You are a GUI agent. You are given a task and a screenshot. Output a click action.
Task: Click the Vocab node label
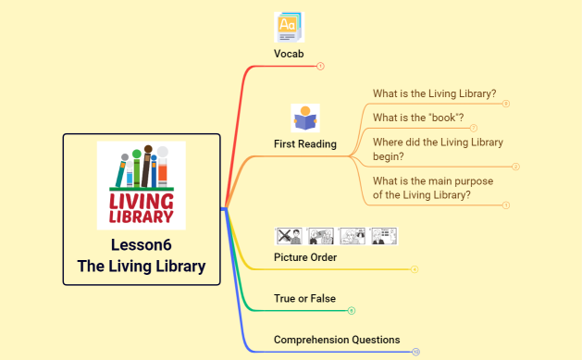pos(289,54)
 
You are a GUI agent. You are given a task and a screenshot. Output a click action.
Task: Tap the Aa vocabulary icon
pos(289,27)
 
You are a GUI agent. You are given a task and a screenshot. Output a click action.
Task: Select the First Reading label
pos(305,143)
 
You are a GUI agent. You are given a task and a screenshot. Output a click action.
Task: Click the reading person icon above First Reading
pos(305,118)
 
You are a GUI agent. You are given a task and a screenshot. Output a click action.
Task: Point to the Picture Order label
pos(305,256)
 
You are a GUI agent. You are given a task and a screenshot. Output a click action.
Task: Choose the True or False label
pos(305,298)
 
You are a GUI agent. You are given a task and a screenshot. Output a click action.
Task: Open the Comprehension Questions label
pos(337,340)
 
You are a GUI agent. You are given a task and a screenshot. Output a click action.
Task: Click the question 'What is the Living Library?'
pos(434,93)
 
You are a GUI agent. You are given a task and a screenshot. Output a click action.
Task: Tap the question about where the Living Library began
pos(438,149)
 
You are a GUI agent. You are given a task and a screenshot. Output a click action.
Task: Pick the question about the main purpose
pos(434,188)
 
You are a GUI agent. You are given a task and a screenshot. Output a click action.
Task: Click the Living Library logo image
pos(142,185)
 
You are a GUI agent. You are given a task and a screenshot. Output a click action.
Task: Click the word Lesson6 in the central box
pos(142,245)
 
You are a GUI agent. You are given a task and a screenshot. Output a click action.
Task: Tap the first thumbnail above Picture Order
pos(290,236)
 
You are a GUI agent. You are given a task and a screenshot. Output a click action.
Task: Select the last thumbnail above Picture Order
pos(384,236)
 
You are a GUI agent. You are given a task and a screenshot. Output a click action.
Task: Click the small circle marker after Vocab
pos(320,66)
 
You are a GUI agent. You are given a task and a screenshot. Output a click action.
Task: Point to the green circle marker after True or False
pos(352,311)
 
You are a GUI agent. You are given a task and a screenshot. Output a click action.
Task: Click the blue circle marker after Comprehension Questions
pos(416,352)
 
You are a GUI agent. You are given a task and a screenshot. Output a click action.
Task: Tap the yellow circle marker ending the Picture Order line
pos(415,269)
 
